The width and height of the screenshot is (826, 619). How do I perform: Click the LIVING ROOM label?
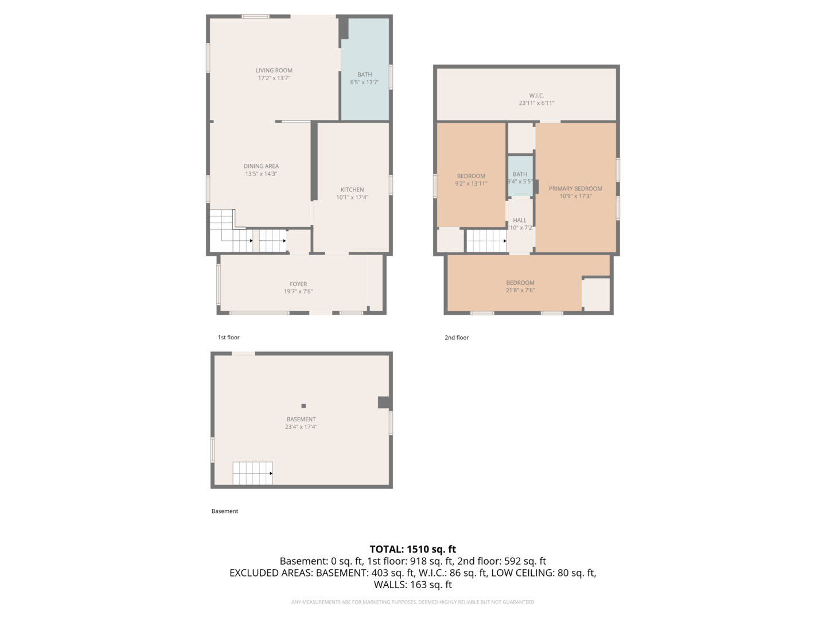(274, 70)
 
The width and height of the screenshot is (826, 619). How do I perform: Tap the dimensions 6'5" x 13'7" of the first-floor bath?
(364, 83)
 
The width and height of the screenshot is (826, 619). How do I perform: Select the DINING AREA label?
(261, 166)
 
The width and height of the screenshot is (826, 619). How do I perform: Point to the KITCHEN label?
(352, 190)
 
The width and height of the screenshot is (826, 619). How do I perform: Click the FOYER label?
(298, 284)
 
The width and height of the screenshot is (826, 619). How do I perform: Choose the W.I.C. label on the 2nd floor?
(536, 96)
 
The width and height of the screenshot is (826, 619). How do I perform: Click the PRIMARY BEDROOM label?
(575, 189)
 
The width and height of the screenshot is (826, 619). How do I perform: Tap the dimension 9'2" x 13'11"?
(471, 184)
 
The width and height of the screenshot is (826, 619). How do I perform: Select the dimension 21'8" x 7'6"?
(520, 291)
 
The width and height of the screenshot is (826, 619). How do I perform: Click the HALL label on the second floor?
(520, 220)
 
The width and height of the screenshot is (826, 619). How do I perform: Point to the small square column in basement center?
(303, 406)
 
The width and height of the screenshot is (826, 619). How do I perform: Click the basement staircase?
(252, 473)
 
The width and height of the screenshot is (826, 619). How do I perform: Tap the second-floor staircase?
(486, 241)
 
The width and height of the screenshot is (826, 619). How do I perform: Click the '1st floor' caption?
(228, 338)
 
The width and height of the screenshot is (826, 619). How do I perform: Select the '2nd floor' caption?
(457, 338)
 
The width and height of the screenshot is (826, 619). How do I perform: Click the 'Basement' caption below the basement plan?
(225, 511)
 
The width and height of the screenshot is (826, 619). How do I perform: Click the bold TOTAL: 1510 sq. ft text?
(412, 549)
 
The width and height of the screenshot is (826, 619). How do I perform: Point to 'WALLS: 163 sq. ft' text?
(412, 585)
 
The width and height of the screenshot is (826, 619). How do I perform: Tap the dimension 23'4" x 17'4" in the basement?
(301, 427)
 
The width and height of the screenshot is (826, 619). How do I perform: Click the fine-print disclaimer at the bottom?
(412, 602)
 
